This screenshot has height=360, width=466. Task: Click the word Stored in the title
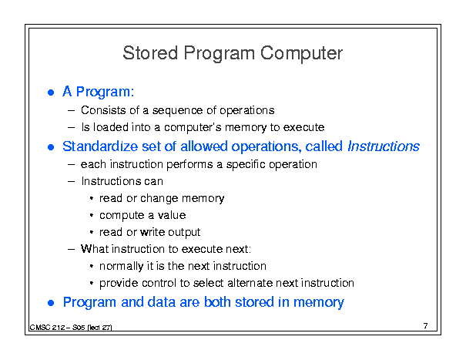[x=150, y=53]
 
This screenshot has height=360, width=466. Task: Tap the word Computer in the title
[x=301, y=54]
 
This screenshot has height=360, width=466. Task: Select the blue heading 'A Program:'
[x=98, y=92]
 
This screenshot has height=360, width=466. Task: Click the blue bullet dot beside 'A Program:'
[x=51, y=93]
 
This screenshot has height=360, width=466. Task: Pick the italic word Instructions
[x=384, y=146]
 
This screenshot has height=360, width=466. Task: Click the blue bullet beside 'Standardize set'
[x=51, y=147]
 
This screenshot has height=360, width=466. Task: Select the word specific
[x=246, y=165]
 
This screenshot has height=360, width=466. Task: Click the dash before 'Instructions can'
[x=71, y=181]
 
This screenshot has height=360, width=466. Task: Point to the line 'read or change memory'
[x=162, y=198]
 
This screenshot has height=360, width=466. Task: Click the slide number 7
[x=426, y=326]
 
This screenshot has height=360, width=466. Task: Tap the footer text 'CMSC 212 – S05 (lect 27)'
[x=71, y=328]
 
